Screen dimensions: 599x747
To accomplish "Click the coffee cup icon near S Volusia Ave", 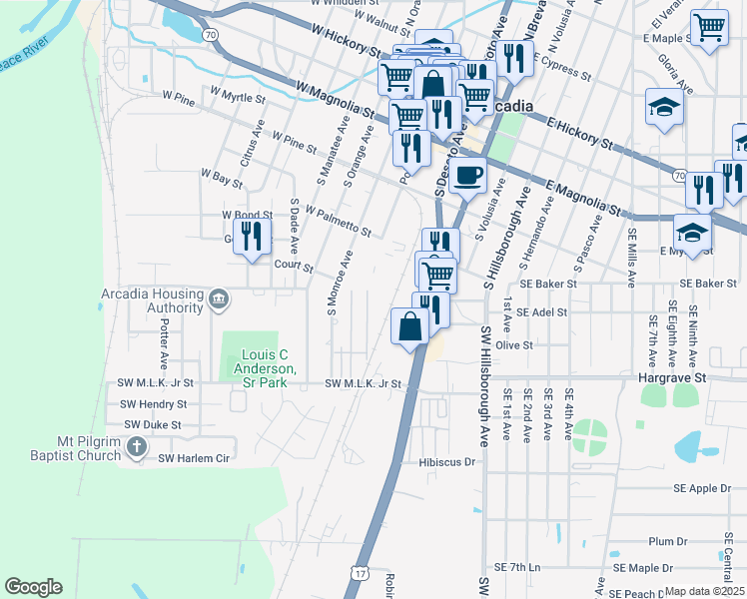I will click(x=466, y=177).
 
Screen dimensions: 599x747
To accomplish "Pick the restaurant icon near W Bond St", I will click(x=252, y=236).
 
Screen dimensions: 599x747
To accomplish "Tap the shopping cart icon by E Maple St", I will click(x=709, y=27).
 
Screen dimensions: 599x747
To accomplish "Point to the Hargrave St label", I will click(x=672, y=378).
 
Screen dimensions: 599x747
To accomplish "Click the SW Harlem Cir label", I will click(x=195, y=458).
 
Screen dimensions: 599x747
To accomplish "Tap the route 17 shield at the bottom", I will click(x=360, y=574).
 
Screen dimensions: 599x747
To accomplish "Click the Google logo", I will click(x=33, y=587).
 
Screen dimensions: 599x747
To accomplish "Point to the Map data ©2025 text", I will click(x=704, y=591).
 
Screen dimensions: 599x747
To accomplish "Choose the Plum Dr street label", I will click(x=662, y=541).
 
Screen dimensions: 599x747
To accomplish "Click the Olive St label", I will click(x=515, y=344).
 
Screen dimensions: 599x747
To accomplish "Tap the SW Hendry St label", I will click(x=153, y=404).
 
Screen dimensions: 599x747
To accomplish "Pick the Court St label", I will click(x=294, y=268).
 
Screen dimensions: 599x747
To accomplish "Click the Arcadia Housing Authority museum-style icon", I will click(x=221, y=298).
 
